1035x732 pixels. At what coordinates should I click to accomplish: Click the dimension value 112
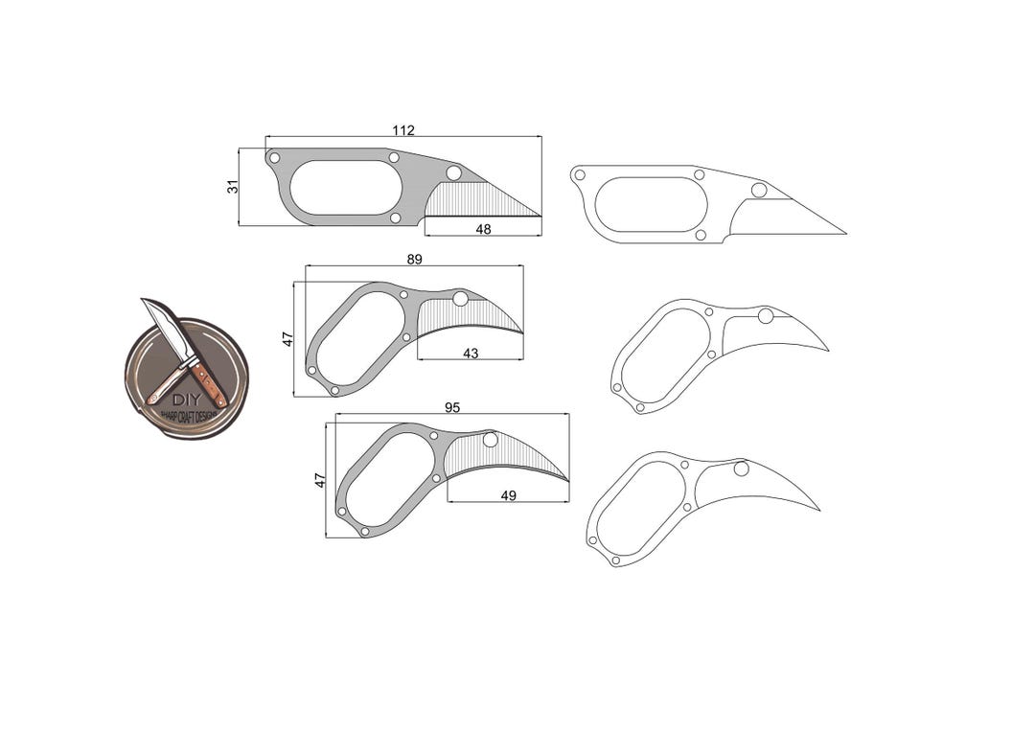pos(403,130)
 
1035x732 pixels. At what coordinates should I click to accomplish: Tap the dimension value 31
pos(233,187)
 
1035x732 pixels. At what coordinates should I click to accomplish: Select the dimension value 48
pos(483,230)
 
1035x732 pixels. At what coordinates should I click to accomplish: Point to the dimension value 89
pos(414,259)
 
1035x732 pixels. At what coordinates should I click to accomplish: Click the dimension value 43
pos(471,354)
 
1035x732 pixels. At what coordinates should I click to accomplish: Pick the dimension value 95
pos(452,407)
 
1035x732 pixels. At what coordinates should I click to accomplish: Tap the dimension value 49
pos(508,495)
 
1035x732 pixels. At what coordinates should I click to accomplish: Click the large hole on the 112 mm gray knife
pos(454,172)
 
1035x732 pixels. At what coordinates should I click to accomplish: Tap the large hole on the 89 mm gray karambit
pos(460,299)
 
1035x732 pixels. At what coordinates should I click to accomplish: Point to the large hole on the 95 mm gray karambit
pos(491,441)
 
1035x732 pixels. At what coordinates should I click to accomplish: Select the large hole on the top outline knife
pos(759,190)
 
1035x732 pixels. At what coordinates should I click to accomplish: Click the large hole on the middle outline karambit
pos(765,316)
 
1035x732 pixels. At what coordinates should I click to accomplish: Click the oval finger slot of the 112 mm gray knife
pos(346,187)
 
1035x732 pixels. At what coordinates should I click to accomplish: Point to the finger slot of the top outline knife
pos(652,204)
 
